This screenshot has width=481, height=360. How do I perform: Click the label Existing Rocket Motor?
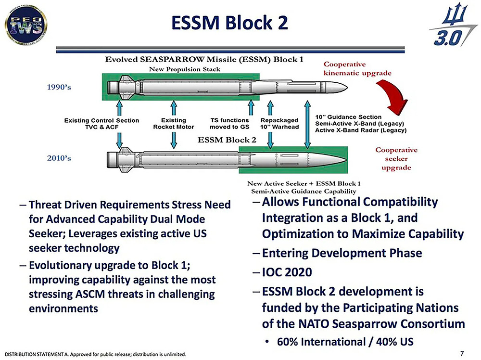coord(173,123)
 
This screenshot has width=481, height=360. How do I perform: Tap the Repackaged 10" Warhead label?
coord(279,123)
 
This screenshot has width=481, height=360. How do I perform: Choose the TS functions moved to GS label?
coord(230,123)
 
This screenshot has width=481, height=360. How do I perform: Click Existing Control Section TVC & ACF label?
coord(101,123)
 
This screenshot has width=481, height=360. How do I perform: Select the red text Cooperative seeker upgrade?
coord(396,158)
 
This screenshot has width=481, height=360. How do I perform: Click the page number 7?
coord(462,353)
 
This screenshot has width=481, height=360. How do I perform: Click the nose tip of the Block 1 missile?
coord(344,88)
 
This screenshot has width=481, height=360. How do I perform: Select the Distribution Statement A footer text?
coord(95,355)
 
